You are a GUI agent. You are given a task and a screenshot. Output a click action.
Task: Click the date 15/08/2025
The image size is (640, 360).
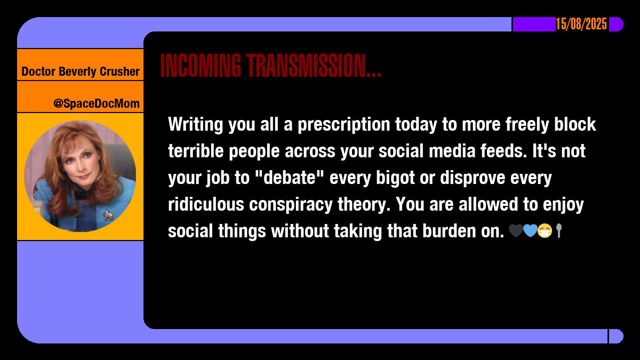tap(581, 25)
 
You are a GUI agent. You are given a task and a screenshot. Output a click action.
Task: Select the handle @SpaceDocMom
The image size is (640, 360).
tap(96, 103)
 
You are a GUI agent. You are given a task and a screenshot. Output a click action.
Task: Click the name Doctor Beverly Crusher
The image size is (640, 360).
tap(81, 71)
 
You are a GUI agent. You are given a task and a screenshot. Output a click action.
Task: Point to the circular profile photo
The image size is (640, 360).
tap(80, 176)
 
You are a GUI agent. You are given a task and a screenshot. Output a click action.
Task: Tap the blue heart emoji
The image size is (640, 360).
tap(530, 231)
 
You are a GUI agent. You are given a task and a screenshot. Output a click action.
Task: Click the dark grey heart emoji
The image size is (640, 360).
tap(515, 231)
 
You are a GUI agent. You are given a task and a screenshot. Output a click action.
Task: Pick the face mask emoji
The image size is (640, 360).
tap(544, 231)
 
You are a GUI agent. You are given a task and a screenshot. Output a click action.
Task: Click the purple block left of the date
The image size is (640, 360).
tap(534, 25)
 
